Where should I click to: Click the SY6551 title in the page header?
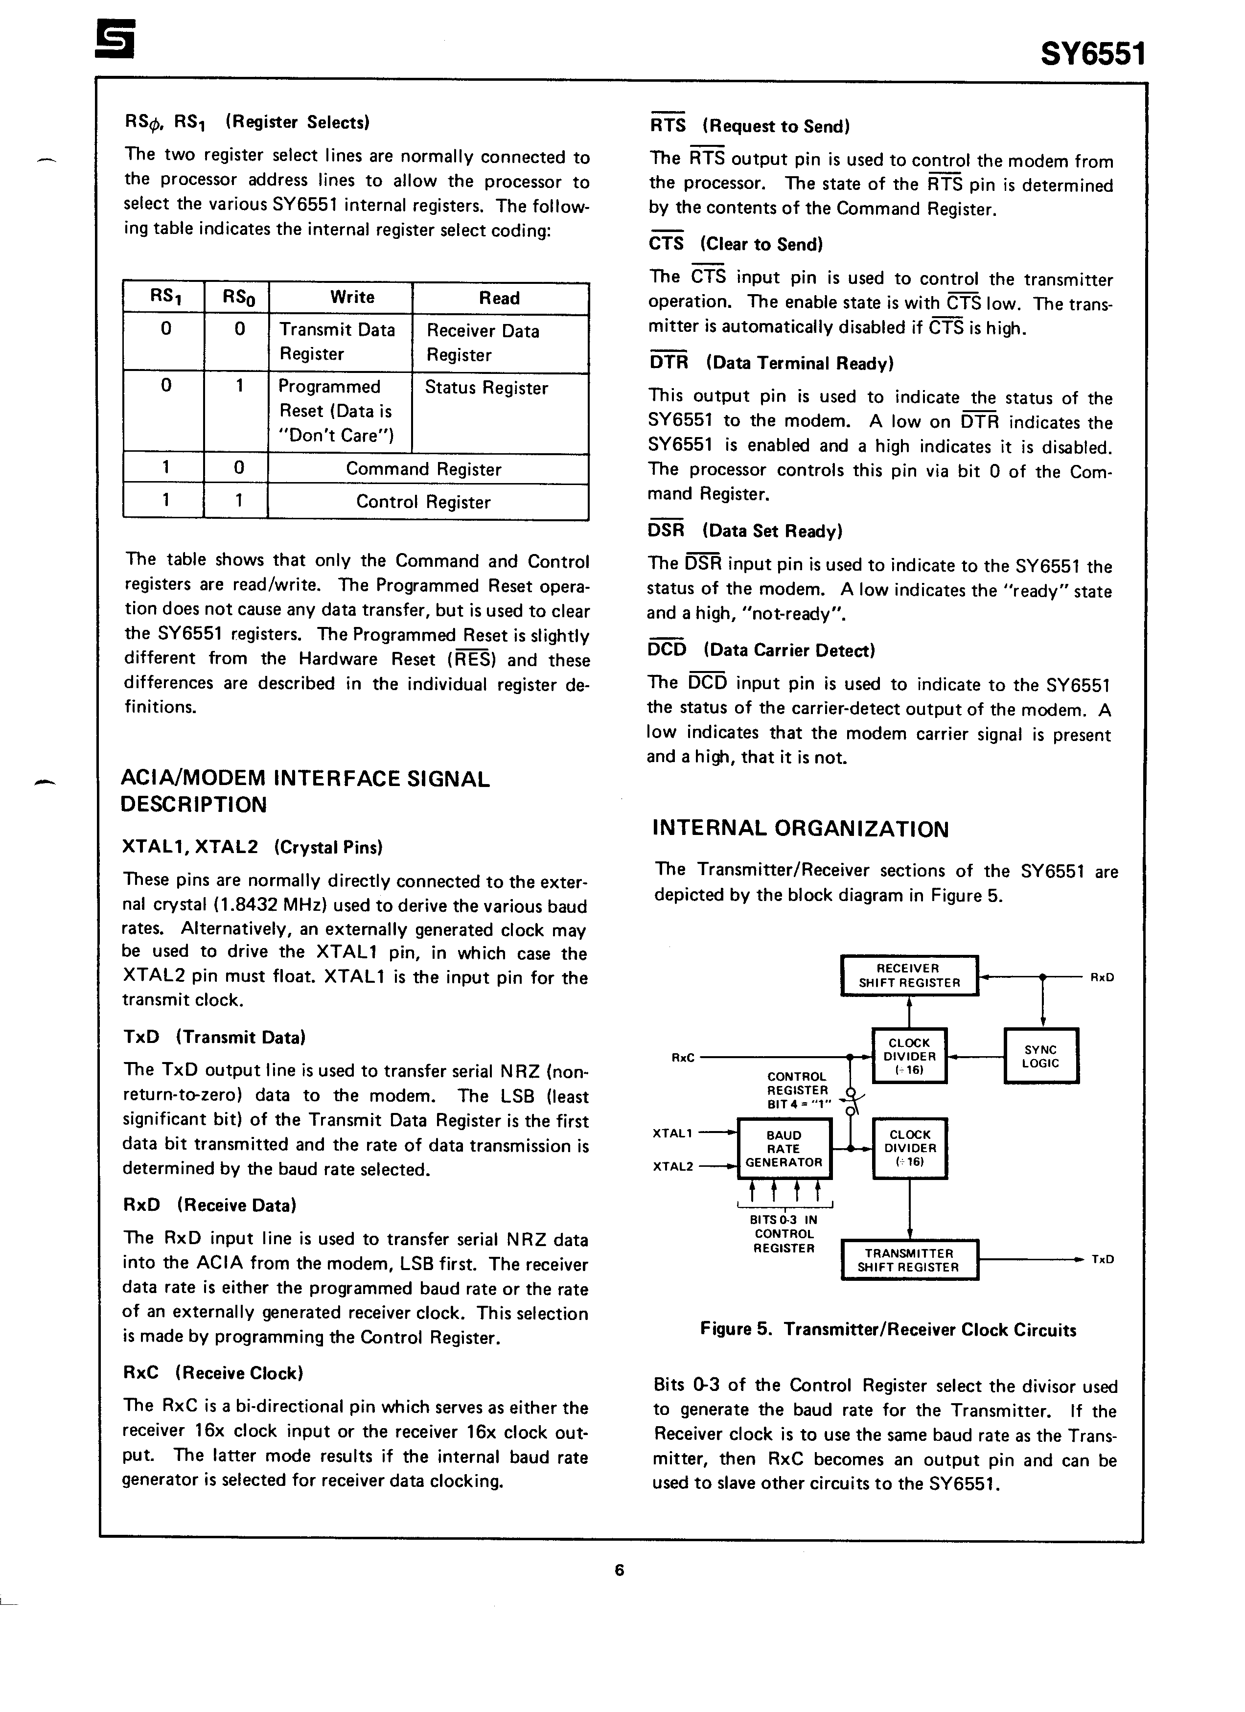click(1092, 54)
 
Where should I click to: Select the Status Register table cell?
click(487, 388)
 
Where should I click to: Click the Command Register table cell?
click(423, 469)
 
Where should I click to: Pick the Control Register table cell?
click(423, 502)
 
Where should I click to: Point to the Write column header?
click(352, 298)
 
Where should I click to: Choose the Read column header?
click(499, 298)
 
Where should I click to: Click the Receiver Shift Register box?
click(909, 975)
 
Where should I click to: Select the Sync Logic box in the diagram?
click(1040, 1056)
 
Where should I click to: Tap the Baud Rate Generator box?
click(784, 1148)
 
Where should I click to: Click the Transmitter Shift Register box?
click(908, 1260)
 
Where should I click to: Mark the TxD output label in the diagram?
click(1102, 1259)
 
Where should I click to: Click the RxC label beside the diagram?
click(683, 1058)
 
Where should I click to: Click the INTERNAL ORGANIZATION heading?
click(800, 829)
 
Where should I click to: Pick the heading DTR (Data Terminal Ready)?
click(771, 363)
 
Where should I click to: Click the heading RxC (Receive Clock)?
click(213, 1372)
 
